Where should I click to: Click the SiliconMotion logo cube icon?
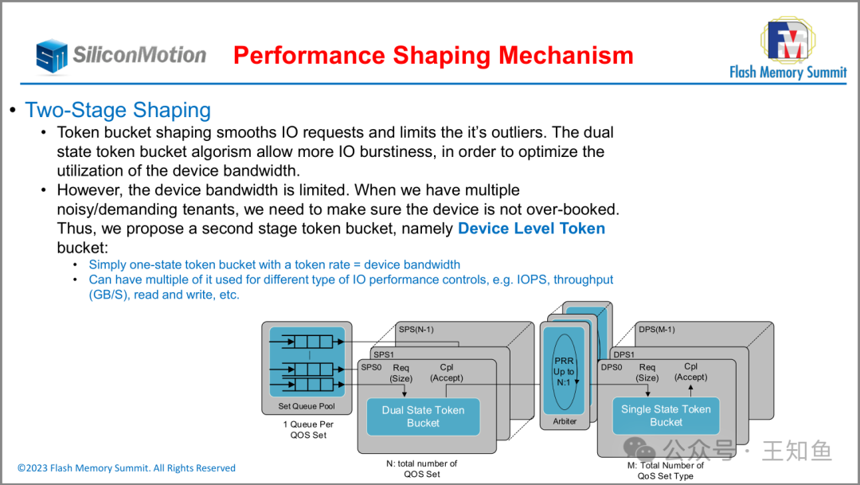tap(51, 56)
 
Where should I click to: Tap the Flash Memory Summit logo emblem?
tap(788, 41)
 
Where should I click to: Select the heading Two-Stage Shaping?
tap(118, 110)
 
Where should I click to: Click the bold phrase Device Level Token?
tap(531, 229)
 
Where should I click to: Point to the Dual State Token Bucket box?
tap(423, 417)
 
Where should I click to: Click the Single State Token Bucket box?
tap(666, 416)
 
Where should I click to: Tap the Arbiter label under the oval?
tap(565, 421)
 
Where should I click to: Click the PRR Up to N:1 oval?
tap(564, 371)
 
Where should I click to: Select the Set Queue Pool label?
tap(307, 406)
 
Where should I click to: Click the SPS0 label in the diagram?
tap(371, 367)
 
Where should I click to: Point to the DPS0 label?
tap(612, 367)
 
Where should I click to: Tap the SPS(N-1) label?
tap(416, 329)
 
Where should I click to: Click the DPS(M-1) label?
tap(656, 329)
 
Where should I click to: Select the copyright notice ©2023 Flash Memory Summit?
tap(127, 468)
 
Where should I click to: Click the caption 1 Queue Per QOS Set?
tap(308, 430)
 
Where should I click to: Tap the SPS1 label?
tap(384, 354)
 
